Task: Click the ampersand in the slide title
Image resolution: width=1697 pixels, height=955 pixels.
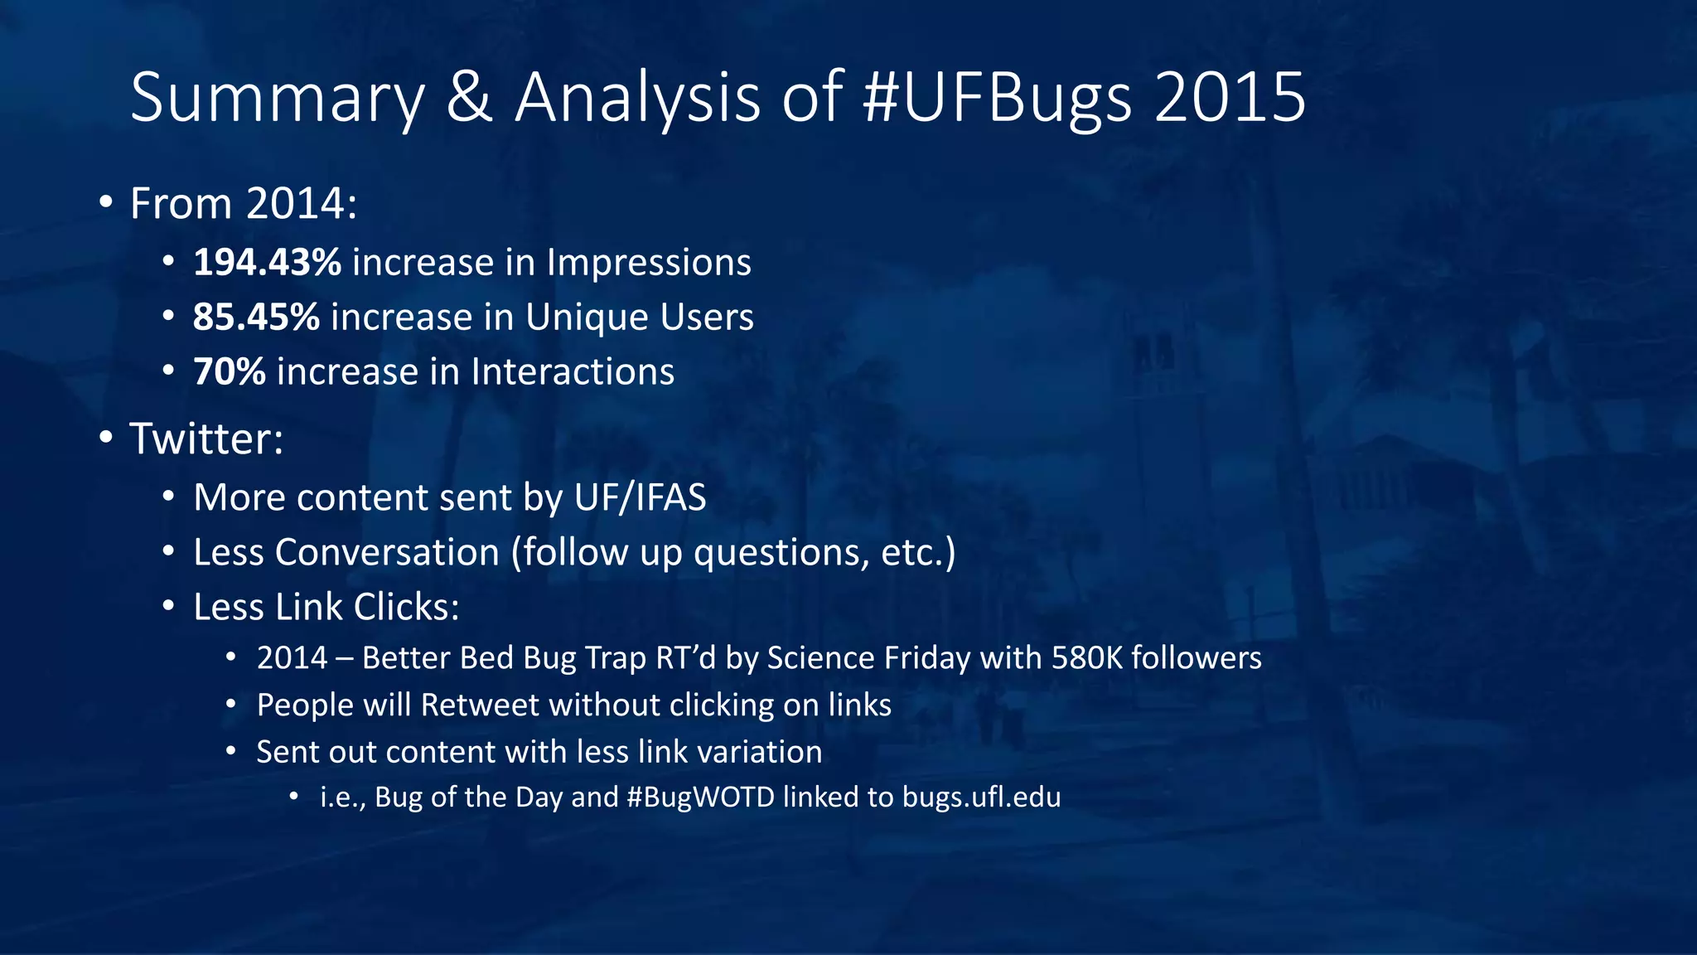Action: [x=470, y=99]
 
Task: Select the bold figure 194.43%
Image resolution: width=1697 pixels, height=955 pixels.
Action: [x=267, y=263]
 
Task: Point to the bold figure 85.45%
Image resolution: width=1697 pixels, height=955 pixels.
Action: [x=256, y=318]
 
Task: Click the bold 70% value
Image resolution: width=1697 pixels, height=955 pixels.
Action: [x=230, y=372]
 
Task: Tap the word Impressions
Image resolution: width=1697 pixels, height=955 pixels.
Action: [x=648, y=263]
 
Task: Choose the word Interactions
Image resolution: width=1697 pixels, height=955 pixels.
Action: [x=573, y=372]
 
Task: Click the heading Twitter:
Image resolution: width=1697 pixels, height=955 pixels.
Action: [x=206, y=439]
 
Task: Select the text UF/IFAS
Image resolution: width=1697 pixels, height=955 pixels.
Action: [x=640, y=498]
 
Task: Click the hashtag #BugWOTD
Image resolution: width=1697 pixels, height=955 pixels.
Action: [x=700, y=797]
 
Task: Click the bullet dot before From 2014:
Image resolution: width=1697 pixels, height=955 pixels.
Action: [x=105, y=203]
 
